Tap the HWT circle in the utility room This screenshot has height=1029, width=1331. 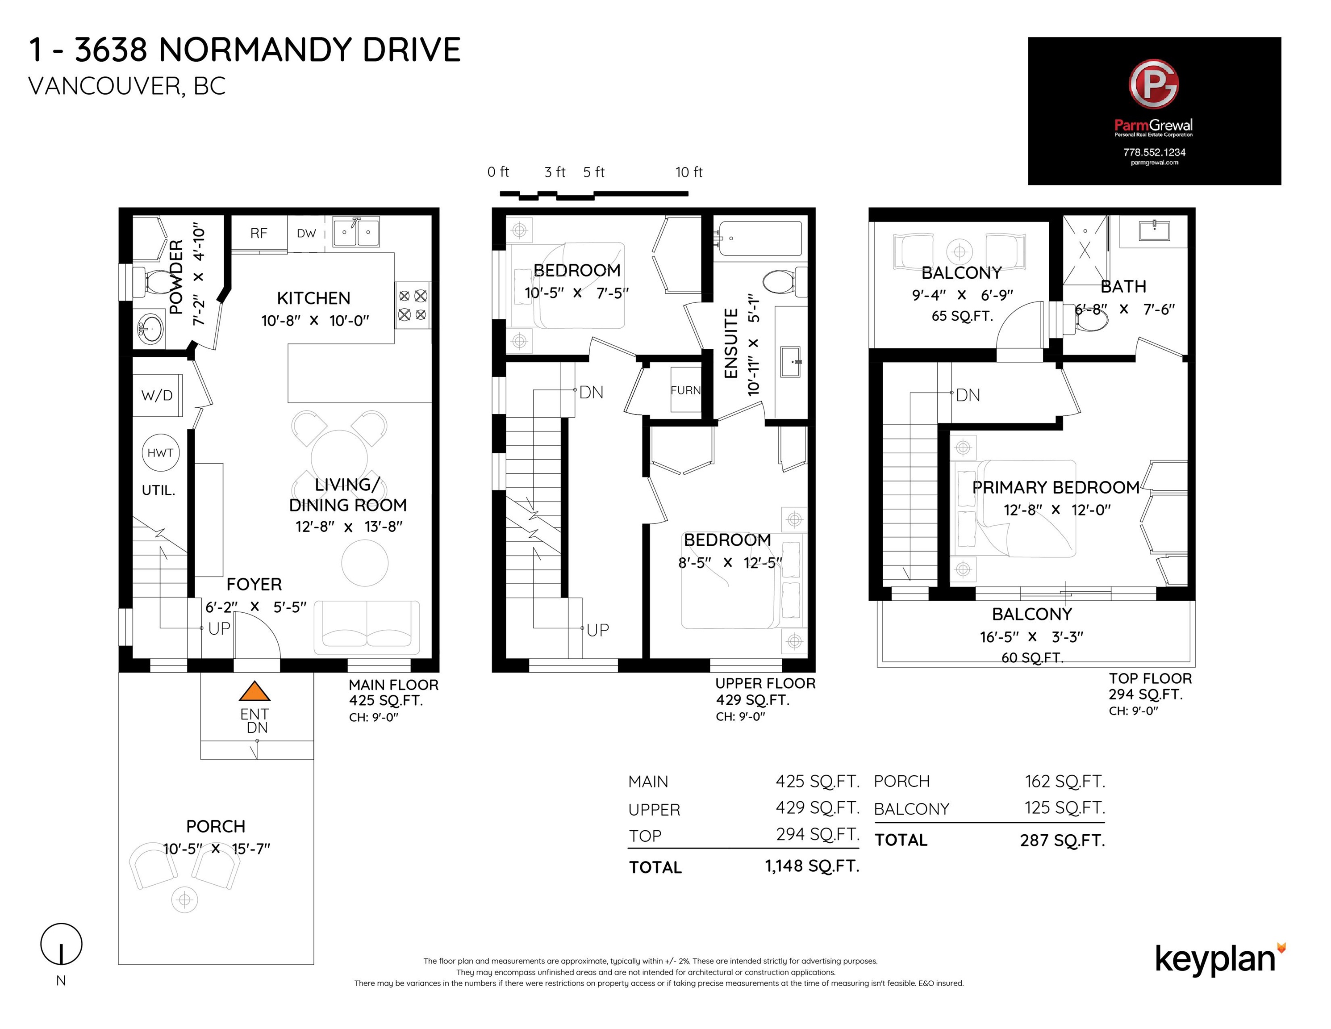coord(160,452)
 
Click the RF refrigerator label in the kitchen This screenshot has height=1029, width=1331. coord(259,233)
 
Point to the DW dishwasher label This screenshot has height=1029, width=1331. coord(307,233)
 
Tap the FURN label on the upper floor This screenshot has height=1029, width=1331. coord(686,390)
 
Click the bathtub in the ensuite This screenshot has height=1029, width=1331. coord(760,238)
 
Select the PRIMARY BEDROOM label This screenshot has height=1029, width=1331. coord(1056,488)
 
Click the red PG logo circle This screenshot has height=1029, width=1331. coord(1153,84)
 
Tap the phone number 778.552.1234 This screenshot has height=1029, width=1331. coord(1154,152)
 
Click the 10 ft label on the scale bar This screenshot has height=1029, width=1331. coord(688,172)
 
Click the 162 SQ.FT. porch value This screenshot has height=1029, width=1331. coord(1065,782)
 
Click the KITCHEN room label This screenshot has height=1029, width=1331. coord(313,298)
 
